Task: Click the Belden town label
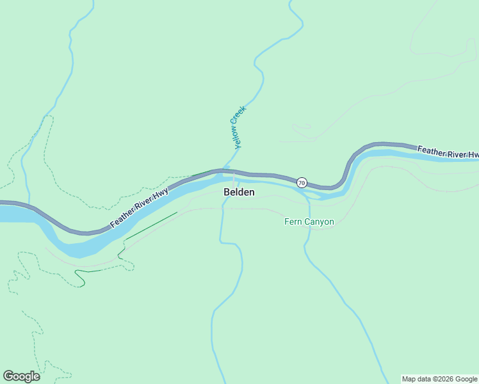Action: pos(239,192)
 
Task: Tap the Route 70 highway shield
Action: pos(302,183)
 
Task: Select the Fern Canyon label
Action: pos(309,222)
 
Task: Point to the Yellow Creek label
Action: pos(238,127)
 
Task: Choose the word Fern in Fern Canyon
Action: pos(293,222)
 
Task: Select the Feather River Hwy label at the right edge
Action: pos(448,152)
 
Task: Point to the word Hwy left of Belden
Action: pos(161,195)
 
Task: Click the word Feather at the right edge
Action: pos(432,150)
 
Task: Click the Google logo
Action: pos(21,376)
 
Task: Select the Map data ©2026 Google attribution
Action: pos(440,379)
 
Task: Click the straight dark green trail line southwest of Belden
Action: pos(151,226)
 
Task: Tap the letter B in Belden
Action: pos(227,192)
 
